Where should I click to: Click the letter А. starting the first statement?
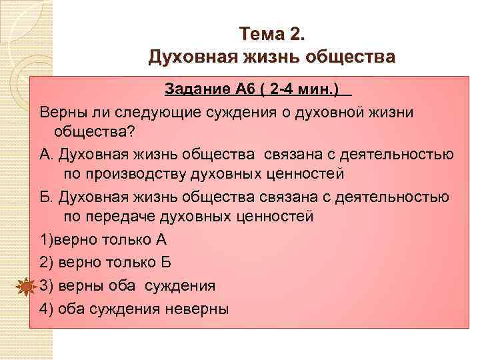coord(46,154)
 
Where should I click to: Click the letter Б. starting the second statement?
coord(46,197)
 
